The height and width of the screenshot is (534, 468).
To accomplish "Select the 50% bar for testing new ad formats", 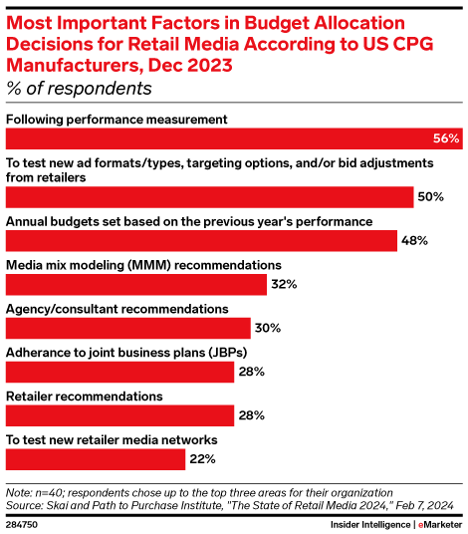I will pyautogui.click(x=209, y=196).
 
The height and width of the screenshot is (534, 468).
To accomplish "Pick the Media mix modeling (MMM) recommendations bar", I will pyautogui.click(x=136, y=284).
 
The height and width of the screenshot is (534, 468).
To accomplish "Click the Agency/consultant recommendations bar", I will pyautogui.click(x=128, y=328).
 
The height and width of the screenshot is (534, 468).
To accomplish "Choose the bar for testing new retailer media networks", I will pyautogui.click(x=96, y=459).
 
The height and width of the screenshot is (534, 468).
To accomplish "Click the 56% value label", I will pyautogui.click(x=446, y=138).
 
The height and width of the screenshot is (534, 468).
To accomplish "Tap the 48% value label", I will pyautogui.click(x=414, y=240).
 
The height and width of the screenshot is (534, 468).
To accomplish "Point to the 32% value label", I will pyautogui.click(x=285, y=284).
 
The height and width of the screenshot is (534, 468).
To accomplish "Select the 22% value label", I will pyautogui.click(x=203, y=459).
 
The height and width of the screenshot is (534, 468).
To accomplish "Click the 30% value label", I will pyautogui.click(x=268, y=328).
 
